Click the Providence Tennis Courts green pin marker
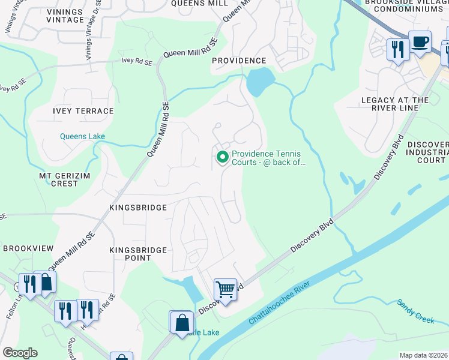pos(222,157)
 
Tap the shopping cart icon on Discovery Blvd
pos(225,290)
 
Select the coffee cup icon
pos(420,42)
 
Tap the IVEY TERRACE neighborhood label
pos(83,111)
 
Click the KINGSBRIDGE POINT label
pos(130,253)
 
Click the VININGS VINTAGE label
pos(56,16)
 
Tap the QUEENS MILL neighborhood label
pos(199,3)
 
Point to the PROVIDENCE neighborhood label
pos(239,61)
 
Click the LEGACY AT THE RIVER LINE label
pos(395,104)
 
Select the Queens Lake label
pos(82,136)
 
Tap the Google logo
pos(20,353)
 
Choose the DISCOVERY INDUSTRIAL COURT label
pos(427,152)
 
